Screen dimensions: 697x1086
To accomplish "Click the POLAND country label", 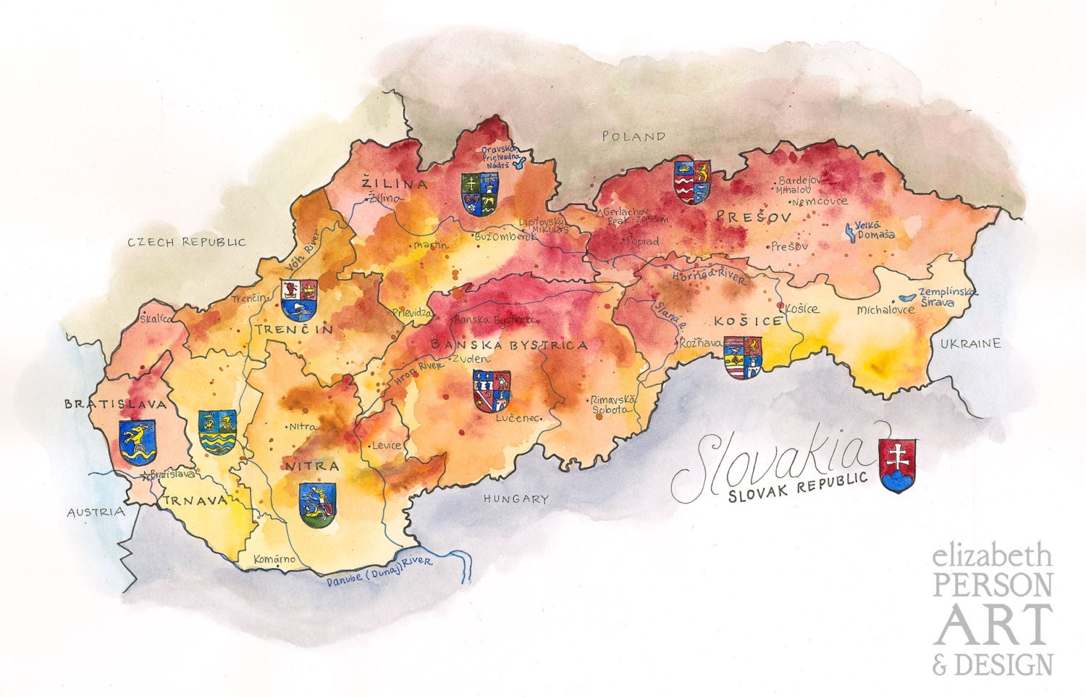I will [x=633, y=136].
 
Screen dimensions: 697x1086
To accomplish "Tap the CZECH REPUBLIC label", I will [x=187, y=242].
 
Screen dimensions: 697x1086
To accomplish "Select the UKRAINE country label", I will [x=970, y=343].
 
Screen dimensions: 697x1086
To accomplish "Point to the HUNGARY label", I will [x=516, y=498].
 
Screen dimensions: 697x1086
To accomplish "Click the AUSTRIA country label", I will [x=96, y=512].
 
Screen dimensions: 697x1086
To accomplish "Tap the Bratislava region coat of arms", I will [x=137, y=442].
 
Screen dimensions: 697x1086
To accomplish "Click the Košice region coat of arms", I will [x=744, y=357].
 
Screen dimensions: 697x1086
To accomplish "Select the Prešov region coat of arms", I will [x=691, y=181].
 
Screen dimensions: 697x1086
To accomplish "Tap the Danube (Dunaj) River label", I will [x=378, y=572].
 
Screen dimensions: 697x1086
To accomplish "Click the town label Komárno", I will [x=274, y=559].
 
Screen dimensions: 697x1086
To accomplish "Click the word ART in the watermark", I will [x=992, y=625].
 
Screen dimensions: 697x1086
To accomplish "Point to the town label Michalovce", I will [x=885, y=310].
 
